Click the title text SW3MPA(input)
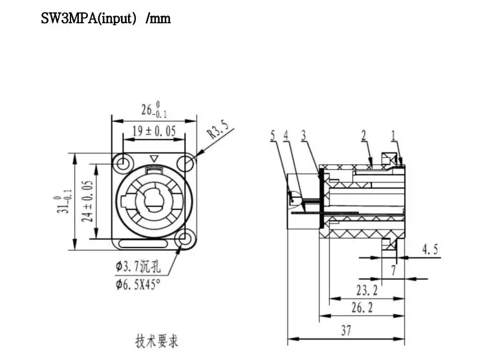click(106, 18)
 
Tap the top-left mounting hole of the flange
click(122, 163)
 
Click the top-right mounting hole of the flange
click(186, 163)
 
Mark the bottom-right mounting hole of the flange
click(186, 240)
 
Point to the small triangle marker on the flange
click(153, 159)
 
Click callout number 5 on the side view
click(273, 136)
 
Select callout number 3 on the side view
click(303, 136)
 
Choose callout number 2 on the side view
click(363, 136)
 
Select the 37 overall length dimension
click(346, 330)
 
